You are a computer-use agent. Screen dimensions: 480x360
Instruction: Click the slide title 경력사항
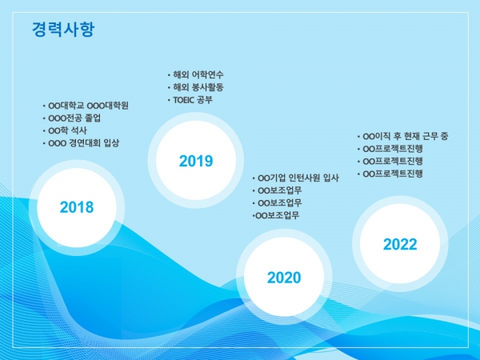[x=63, y=29]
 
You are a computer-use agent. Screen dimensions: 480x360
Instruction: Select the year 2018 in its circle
[x=77, y=207]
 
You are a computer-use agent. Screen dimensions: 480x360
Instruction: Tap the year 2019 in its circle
[x=196, y=161]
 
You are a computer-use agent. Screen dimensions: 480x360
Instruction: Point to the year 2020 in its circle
[x=284, y=278]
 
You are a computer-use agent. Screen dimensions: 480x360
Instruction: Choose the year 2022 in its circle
[x=400, y=244]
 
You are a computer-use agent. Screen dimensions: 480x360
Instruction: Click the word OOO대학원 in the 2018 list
[x=108, y=106]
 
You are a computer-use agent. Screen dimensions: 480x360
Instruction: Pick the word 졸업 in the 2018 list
[x=93, y=118]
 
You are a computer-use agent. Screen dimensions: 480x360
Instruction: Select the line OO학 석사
[x=68, y=130]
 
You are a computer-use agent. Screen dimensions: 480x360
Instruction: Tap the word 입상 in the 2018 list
[x=111, y=143]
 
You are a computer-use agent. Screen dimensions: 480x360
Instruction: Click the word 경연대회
[x=85, y=143]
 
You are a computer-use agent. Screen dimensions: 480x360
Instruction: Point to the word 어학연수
[x=208, y=74]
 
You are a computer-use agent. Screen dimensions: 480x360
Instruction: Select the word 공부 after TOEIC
[x=205, y=100]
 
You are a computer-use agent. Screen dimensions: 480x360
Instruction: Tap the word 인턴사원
[x=305, y=178]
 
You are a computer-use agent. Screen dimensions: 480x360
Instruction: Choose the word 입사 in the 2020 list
[x=331, y=178]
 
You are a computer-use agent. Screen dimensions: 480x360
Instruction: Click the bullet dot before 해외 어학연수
[x=169, y=75]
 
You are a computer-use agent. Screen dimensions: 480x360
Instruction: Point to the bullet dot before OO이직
[x=358, y=137]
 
